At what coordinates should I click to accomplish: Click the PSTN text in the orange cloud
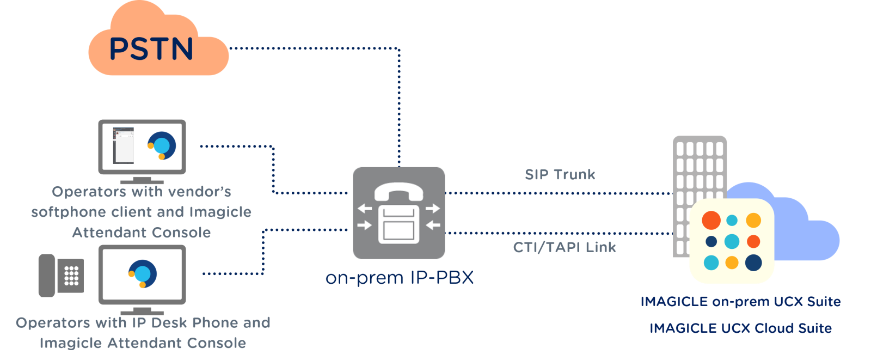pyautogui.click(x=151, y=49)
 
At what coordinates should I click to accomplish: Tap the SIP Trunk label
pyautogui.click(x=560, y=175)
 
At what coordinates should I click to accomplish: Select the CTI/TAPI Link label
pyautogui.click(x=565, y=247)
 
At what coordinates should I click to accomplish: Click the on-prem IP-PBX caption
pyautogui.click(x=400, y=278)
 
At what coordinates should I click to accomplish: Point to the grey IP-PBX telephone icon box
pyautogui.click(x=399, y=213)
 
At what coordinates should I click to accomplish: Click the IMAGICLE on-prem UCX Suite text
pyautogui.click(x=740, y=302)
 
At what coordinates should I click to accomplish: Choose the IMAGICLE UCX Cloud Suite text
pyautogui.click(x=740, y=328)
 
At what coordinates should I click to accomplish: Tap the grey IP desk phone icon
pyautogui.click(x=60, y=276)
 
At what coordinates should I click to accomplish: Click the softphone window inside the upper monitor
pyautogui.click(x=123, y=145)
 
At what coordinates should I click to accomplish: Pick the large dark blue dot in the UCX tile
pyautogui.click(x=753, y=263)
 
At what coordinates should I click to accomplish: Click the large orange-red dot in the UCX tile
pyautogui.click(x=711, y=220)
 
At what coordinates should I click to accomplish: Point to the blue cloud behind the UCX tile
pyautogui.click(x=806, y=229)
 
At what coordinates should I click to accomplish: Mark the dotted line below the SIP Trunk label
pyautogui.click(x=558, y=193)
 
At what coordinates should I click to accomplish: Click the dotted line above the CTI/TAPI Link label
pyautogui.click(x=558, y=233)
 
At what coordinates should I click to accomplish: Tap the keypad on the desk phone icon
pyautogui.click(x=71, y=276)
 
